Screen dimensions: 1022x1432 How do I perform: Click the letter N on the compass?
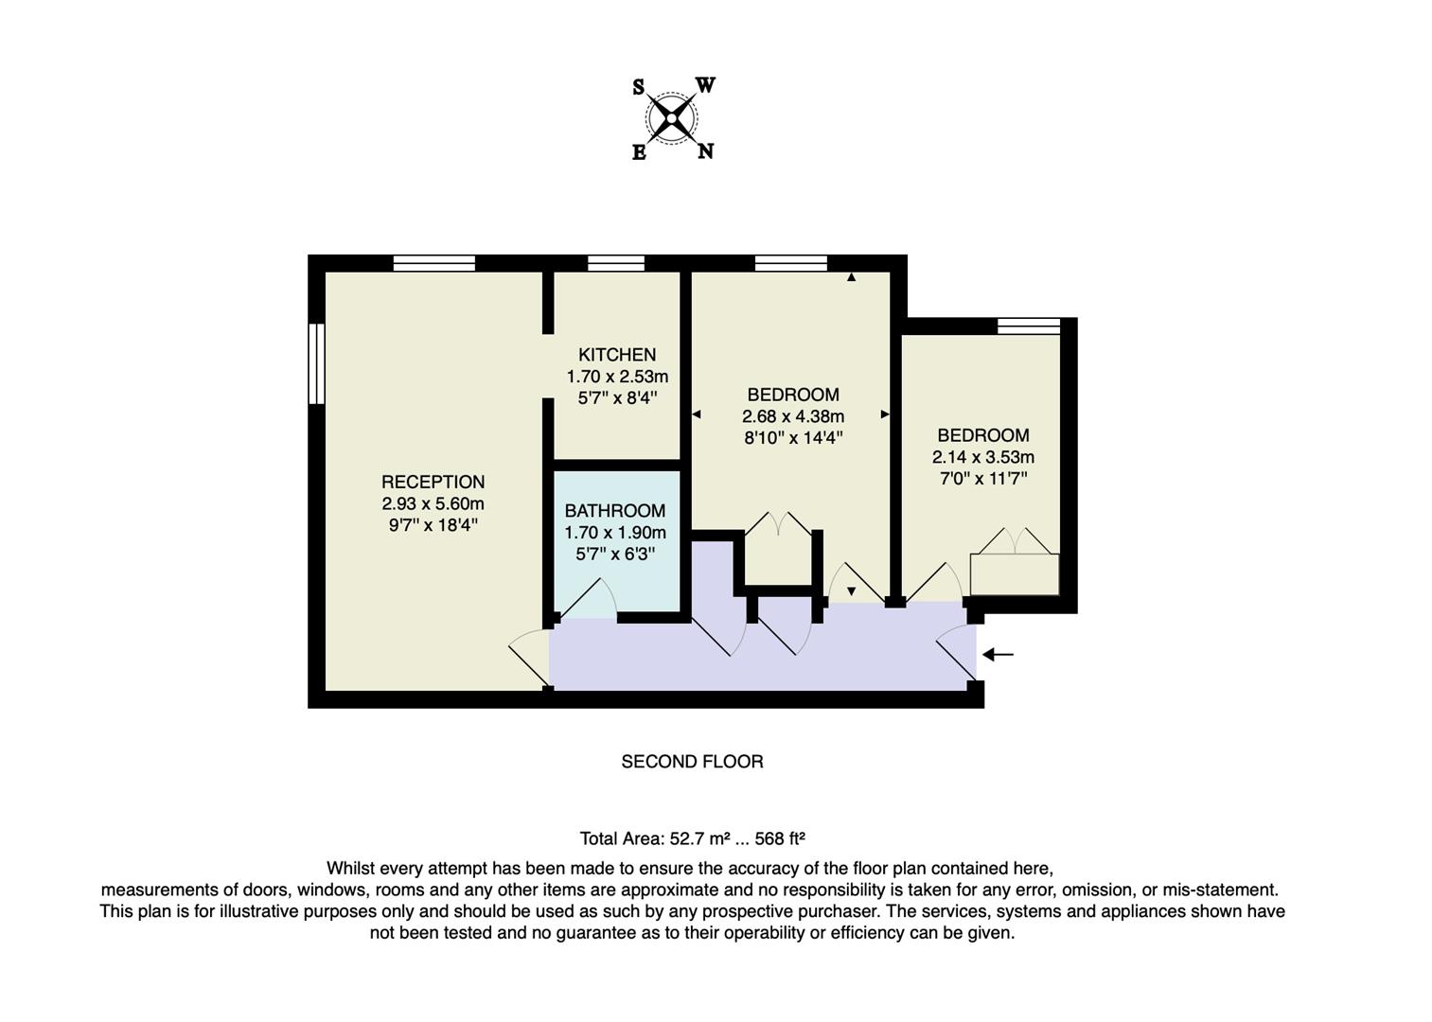705,151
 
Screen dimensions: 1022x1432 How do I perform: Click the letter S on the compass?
639,88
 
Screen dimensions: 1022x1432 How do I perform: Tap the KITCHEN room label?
617,355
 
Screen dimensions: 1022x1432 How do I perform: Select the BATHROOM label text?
615,511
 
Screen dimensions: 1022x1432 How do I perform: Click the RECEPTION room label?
433,482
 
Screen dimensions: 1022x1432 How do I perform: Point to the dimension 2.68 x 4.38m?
793,416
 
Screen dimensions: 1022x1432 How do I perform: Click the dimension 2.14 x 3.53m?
982,457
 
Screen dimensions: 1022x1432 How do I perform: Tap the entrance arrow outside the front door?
998,654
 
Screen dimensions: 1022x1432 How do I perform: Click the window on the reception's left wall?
317,364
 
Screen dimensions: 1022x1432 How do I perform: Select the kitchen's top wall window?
616,263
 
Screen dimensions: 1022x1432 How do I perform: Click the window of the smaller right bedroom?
1029,326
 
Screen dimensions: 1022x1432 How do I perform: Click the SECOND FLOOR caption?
692,762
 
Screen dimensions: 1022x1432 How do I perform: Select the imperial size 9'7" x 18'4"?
433,525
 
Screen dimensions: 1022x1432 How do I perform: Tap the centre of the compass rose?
672,118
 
